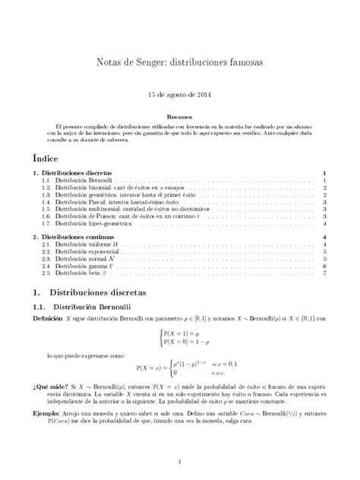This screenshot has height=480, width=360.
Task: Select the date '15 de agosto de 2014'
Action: pyautogui.click(x=179, y=97)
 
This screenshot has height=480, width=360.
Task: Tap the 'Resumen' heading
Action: pyautogui.click(x=179, y=118)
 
